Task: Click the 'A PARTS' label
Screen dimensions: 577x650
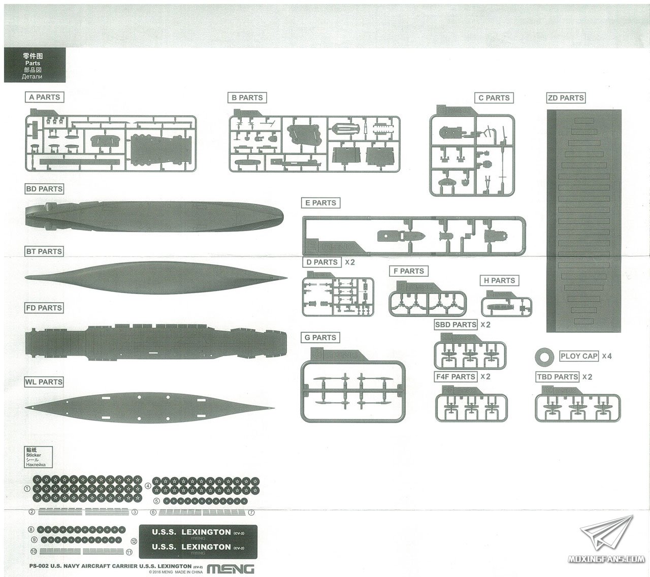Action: (45, 97)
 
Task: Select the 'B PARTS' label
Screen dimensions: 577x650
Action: (247, 98)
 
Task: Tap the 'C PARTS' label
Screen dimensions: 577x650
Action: (494, 98)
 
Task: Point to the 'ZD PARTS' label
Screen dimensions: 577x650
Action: (566, 98)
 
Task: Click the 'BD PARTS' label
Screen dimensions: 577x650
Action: (44, 188)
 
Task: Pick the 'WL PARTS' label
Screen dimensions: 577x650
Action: (44, 382)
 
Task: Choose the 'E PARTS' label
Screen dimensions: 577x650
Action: (321, 203)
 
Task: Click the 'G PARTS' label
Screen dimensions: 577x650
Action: (320, 337)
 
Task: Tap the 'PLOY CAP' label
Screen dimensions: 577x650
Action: (579, 356)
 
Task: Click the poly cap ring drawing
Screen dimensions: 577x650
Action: (545, 357)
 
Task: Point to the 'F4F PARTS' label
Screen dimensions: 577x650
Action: (456, 377)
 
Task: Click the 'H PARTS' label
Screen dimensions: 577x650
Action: (500, 280)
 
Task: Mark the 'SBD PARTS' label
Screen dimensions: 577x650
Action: (456, 325)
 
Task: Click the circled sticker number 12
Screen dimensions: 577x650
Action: (134, 541)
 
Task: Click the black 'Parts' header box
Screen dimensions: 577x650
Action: (35, 65)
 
